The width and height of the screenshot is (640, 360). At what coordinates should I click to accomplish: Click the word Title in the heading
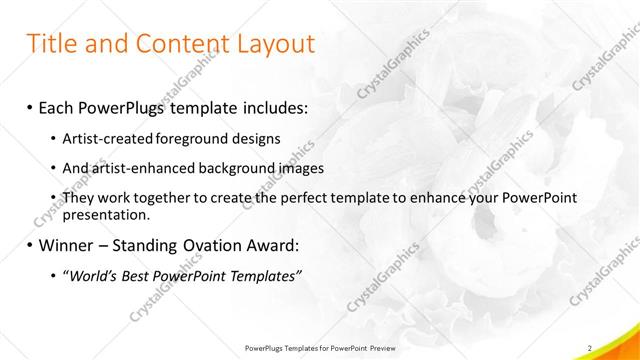tap(53, 45)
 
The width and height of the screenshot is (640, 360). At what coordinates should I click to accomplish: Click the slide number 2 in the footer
tap(590, 347)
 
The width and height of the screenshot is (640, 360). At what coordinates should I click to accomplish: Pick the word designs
tap(249, 137)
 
